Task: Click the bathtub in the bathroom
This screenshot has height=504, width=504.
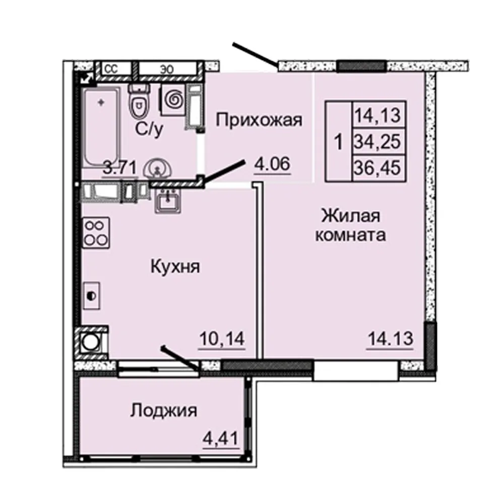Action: click(x=102, y=127)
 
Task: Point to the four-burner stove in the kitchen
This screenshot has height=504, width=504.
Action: click(x=96, y=233)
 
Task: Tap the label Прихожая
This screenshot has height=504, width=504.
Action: click(x=259, y=120)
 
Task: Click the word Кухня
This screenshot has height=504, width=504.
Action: click(x=175, y=267)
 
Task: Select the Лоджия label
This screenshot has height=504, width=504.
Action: click(x=164, y=410)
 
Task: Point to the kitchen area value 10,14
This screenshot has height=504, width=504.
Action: click(x=222, y=339)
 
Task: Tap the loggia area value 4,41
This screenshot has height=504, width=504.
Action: click(x=221, y=438)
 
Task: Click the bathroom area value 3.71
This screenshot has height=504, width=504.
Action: click(x=120, y=167)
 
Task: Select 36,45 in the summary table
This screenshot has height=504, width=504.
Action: click(x=377, y=168)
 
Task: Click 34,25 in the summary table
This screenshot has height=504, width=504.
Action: click(x=377, y=142)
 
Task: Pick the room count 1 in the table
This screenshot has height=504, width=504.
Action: click(x=338, y=142)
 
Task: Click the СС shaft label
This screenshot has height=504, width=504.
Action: click(x=111, y=69)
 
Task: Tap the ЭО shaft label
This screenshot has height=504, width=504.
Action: click(x=167, y=69)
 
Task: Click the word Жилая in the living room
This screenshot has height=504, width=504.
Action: click(x=351, y=216)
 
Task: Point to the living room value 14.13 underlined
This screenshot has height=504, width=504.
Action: click(x=390, y=339)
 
